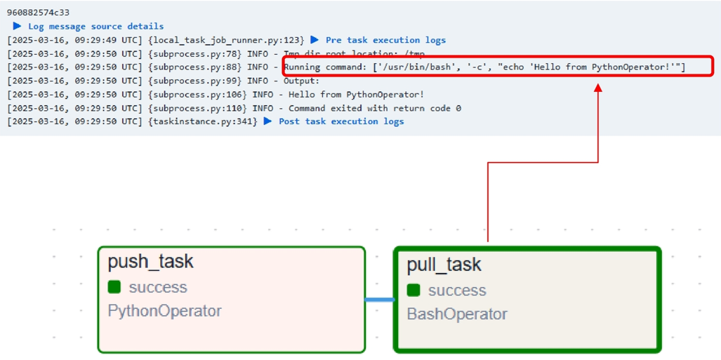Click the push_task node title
click(150, 262)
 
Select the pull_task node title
click(444, 265)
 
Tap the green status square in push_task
click(114, 287)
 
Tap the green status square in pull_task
click(414, 290)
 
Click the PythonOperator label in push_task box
click(164, 312)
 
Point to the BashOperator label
click(457, 314)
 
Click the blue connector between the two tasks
click(380, 300)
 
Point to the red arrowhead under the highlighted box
click(597, 87)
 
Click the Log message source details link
click(95, 26)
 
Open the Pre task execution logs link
click(386, 40)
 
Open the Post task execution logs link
click(341, 121)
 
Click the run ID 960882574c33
click(38, 13)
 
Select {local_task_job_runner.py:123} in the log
click(227, 40)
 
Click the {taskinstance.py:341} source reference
click(203, 121)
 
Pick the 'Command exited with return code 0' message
click(375, 108)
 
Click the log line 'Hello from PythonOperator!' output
click(356, 95)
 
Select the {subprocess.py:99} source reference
click(195, 81)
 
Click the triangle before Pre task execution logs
click(315, 39)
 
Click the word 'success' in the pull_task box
click(457, 290)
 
